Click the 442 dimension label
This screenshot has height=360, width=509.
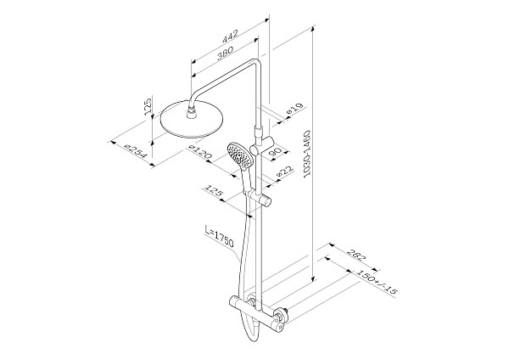(x=230, y=36)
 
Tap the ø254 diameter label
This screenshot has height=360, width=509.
(x=136, y=151)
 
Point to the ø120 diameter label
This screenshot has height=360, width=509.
(x=200, y=152)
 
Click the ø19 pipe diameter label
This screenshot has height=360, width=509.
(x=294, y=109)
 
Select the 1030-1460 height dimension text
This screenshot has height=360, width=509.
(x=307, y=155)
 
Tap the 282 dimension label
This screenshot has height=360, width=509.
(x=356, y=255)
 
